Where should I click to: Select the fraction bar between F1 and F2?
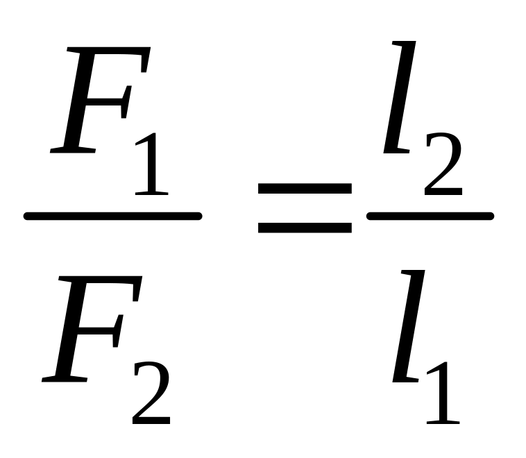(x=112, y=216)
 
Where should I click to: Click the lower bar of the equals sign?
(x=305, y=226)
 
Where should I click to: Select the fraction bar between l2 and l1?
(x=429, y=216)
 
